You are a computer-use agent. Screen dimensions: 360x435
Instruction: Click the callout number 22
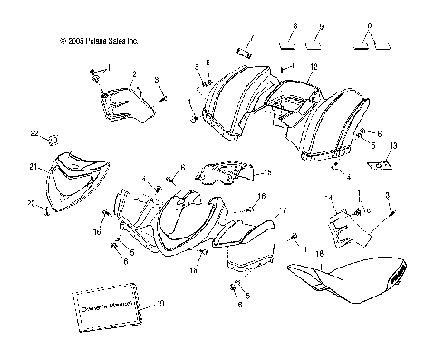[x=35, y=134]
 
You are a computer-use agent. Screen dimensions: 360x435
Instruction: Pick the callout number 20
[x=30, y=203]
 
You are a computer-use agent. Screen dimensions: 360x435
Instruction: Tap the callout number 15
[x=267, y=172]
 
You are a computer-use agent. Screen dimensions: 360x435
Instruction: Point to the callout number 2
[x=133, y=73]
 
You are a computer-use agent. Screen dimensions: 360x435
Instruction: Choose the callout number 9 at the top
[x=321, y=28]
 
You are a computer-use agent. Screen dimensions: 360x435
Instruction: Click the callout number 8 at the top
[x=295, y=28]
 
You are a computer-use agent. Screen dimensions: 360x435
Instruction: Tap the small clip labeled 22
[x=53, y=140]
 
